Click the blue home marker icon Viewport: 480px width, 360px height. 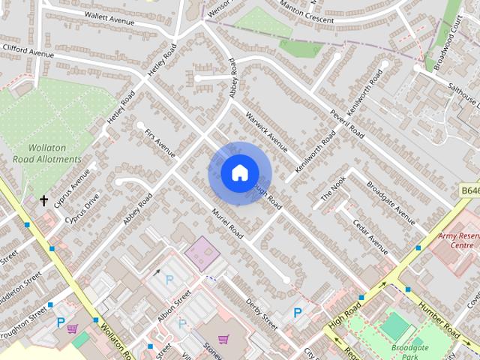[x=239, y=172]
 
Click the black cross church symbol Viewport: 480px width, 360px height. [x=44, y=200]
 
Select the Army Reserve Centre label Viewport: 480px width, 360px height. [x=457, y=240]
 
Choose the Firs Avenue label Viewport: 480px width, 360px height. [x=160, y=142]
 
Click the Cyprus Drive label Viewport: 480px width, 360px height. [x=82, y=209]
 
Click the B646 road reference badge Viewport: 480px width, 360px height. [x=469, y=191]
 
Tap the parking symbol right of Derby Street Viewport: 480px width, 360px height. [x=298, y=313]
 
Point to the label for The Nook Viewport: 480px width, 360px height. [x=334, y=187]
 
